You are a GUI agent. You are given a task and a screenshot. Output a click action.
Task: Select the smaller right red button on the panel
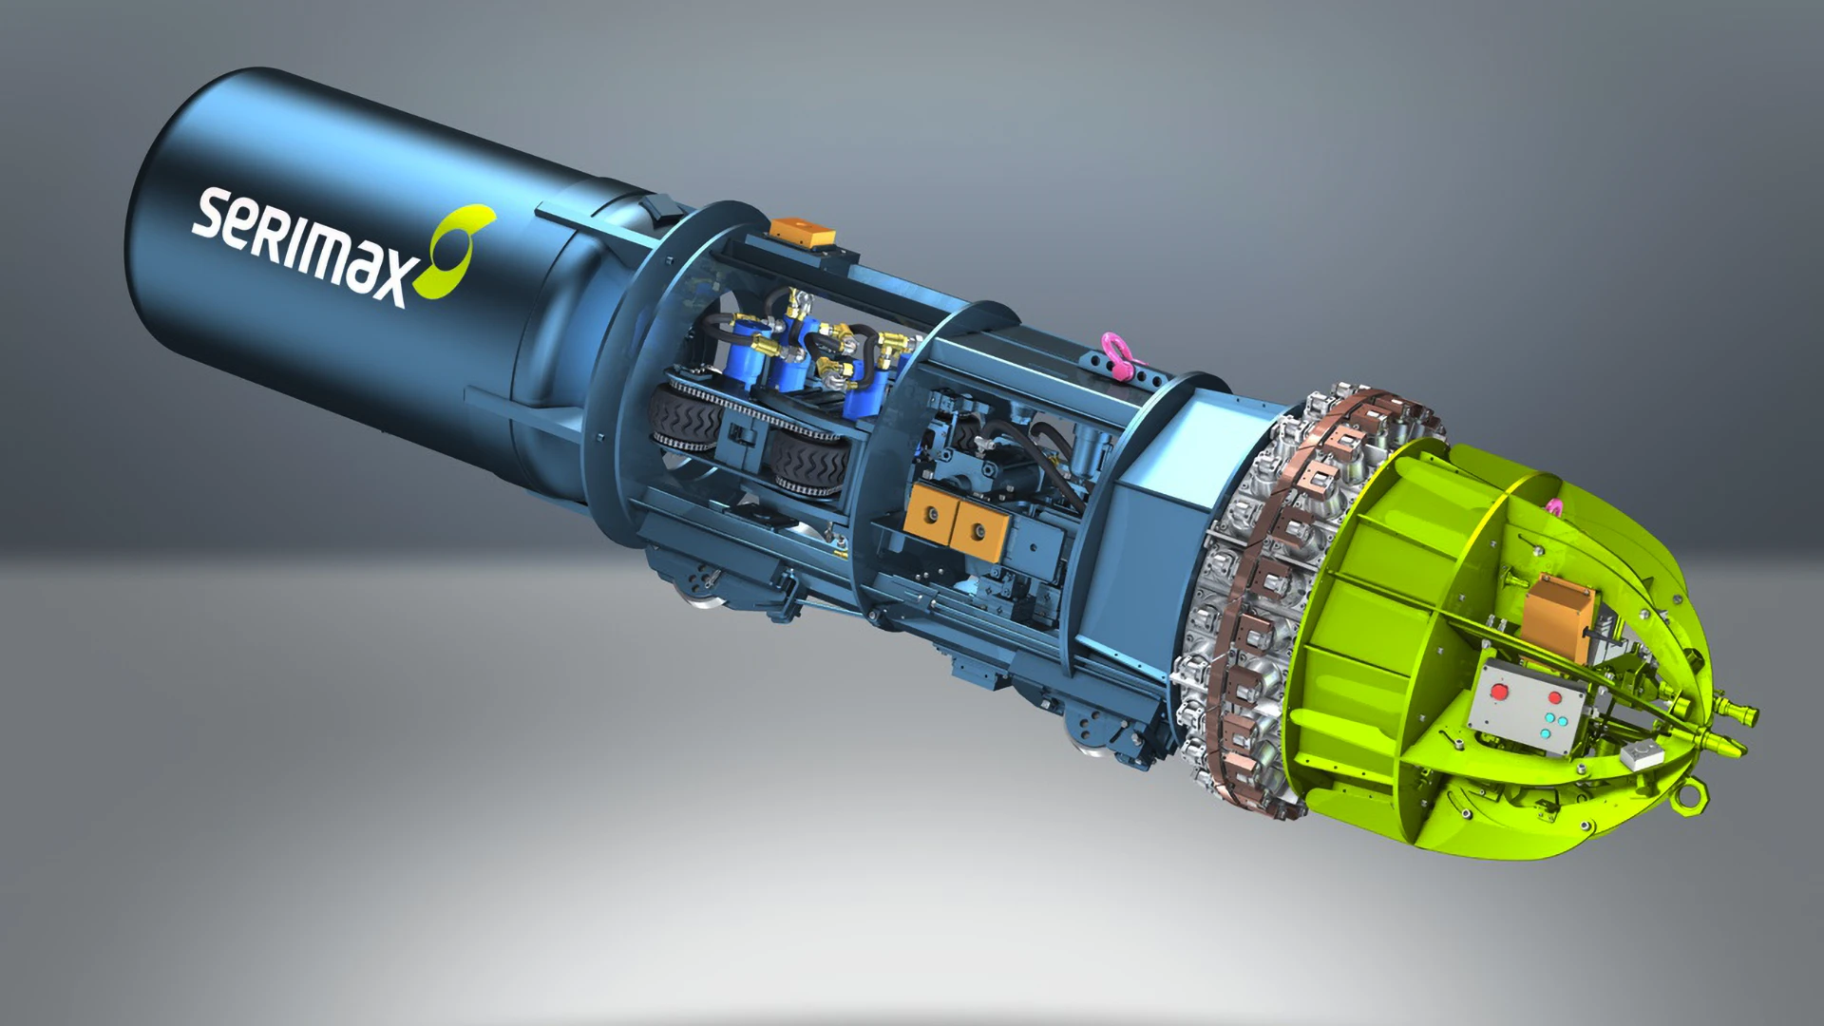[1555, 697]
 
